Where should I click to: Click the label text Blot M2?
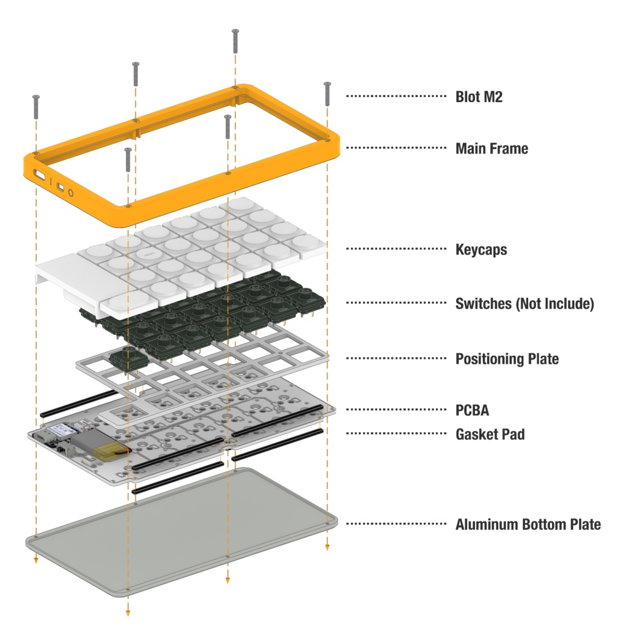pos(479,97)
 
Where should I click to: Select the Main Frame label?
pos(492,149)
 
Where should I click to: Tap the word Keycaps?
pos(481,250)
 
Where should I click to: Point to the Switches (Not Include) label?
pos(525,304)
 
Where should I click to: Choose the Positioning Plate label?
pos(507,359)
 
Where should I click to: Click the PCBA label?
pos(472,410)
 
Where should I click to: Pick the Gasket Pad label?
pos(490,435)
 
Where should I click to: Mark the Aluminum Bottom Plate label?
pos(528,525)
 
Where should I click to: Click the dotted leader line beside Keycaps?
pos(396,249)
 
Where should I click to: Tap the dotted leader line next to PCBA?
pos(396,410)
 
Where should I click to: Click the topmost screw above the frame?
pos(235,41)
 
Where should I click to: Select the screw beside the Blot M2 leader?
pos(328,94)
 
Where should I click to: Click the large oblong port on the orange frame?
pos(40,174)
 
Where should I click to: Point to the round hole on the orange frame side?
pos(71,193)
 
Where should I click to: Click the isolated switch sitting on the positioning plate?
pos(128,358)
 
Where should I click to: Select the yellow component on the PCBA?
pos(112,452)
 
